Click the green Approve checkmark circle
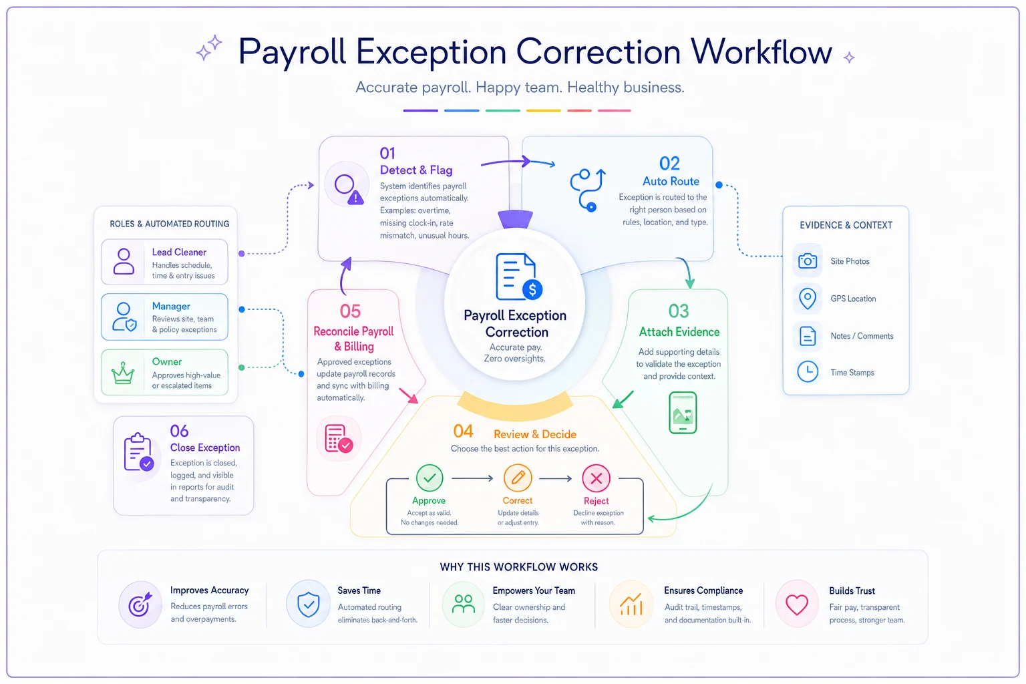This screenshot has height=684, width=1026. pos(430,478)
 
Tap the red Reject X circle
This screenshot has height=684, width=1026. pos(596,478)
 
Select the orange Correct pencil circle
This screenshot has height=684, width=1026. pos(518,478)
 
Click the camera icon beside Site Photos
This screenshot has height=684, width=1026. pos(807,261)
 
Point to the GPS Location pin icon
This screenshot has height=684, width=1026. pos(807,299)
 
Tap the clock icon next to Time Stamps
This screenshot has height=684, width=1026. pos(808,371)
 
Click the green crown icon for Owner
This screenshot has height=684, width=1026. pos(123,373)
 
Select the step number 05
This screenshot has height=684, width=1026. pos(350,311)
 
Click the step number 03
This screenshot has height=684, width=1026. pos(679,311)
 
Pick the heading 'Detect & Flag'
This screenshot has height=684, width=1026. pos(416,170)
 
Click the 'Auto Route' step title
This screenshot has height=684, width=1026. pos(671,182)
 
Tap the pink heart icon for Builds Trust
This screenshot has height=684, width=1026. pos(796,605)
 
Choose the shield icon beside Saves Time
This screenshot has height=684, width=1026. pos(308,605)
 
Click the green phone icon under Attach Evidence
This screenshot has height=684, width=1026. pos(683,412)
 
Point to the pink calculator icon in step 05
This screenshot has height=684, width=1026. pos(339,438)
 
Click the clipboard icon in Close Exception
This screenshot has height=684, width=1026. pos(138,452)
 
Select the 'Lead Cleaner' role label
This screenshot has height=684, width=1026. pos(178,252)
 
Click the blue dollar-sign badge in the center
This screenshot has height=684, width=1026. pos(532,289)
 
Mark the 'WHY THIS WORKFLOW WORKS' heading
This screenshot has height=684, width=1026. pos(518,567)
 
